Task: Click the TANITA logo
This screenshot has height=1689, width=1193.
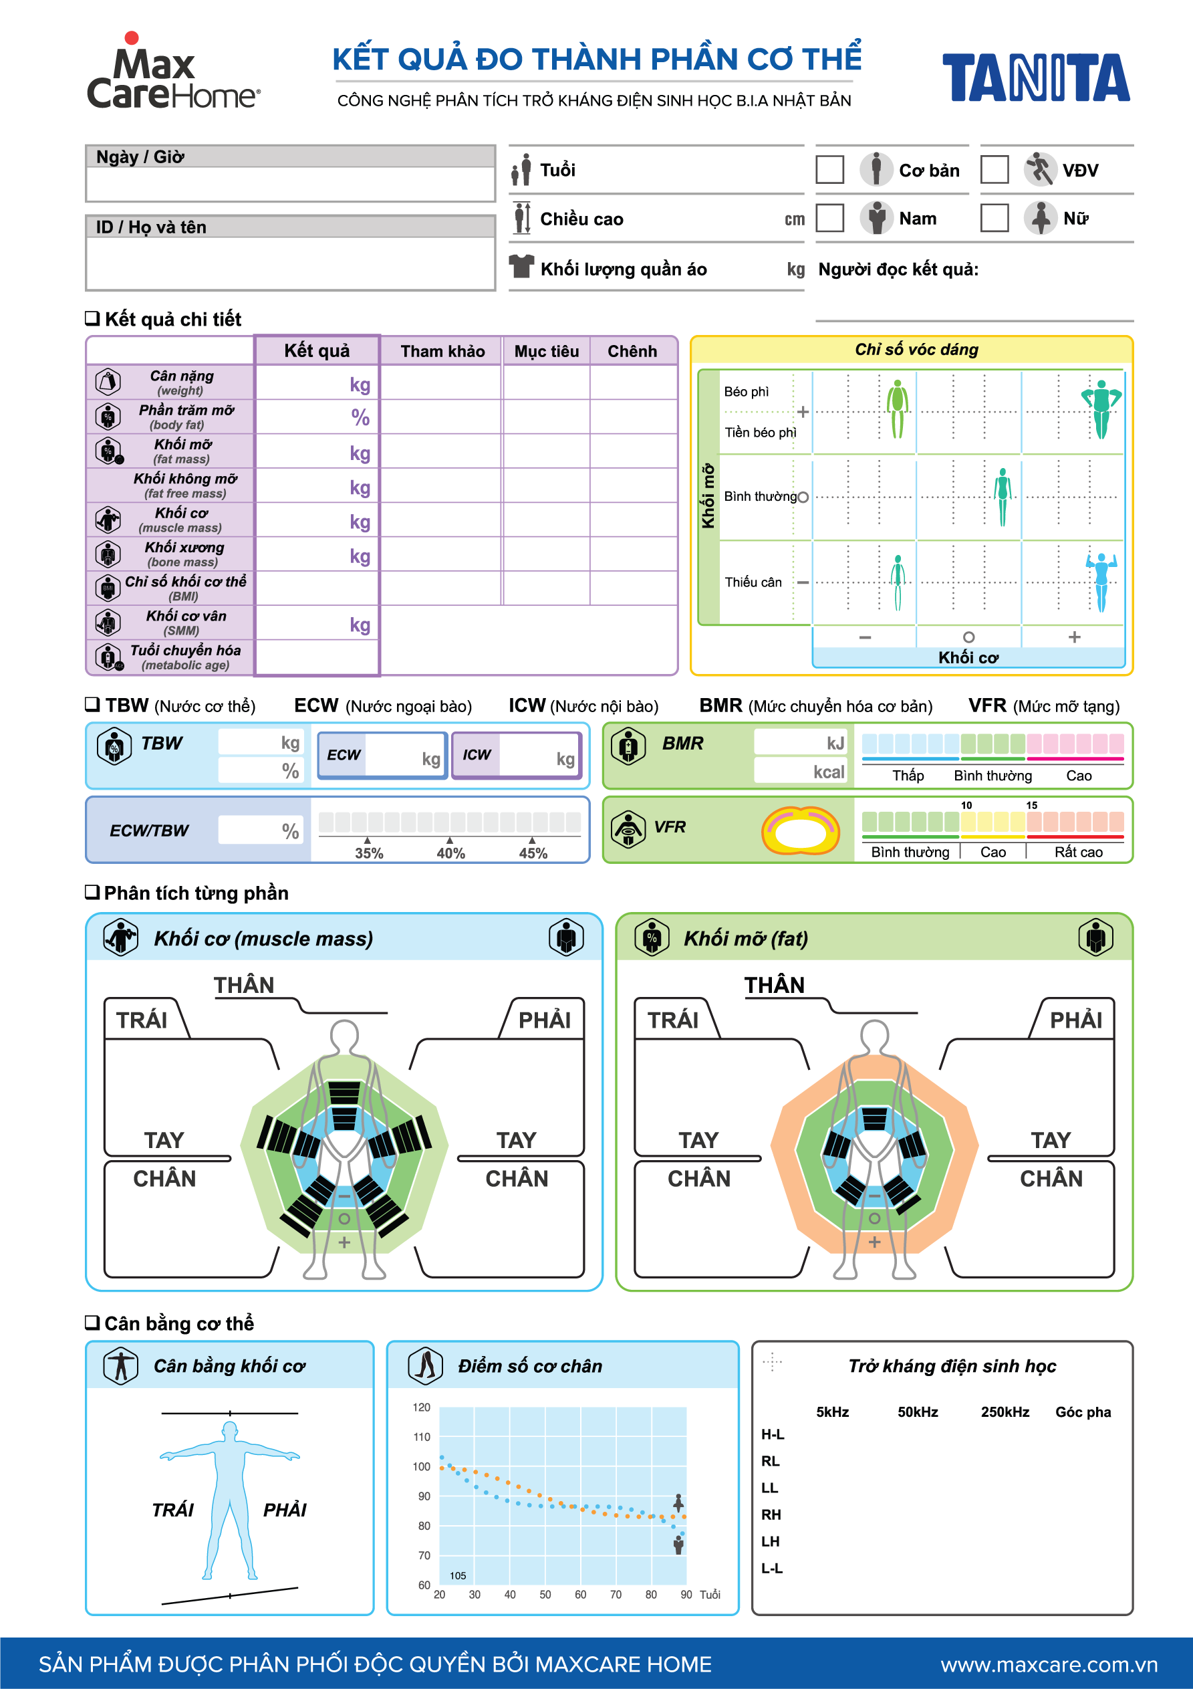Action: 1035,78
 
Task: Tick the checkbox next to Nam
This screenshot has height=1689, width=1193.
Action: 829,219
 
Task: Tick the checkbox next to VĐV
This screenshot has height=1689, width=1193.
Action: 995,170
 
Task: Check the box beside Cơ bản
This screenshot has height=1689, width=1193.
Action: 829,170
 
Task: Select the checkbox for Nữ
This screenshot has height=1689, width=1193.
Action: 995,219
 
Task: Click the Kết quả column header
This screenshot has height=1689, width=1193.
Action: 317,351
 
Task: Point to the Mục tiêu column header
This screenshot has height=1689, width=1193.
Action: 547,352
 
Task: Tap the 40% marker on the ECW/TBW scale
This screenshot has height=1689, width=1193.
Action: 450,853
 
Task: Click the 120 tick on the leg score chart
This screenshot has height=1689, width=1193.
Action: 422,1407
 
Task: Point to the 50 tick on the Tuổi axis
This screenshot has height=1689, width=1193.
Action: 545,1594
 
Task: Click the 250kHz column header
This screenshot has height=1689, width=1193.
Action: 1005,1412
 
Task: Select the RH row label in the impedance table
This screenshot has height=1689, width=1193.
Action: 771,1514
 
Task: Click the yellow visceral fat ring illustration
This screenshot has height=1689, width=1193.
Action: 800,830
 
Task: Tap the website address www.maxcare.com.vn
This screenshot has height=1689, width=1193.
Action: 1048,1664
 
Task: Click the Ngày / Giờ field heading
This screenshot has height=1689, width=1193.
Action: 140,156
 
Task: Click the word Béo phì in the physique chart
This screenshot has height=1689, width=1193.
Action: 747,391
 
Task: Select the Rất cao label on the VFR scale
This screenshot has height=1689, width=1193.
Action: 1078,852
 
